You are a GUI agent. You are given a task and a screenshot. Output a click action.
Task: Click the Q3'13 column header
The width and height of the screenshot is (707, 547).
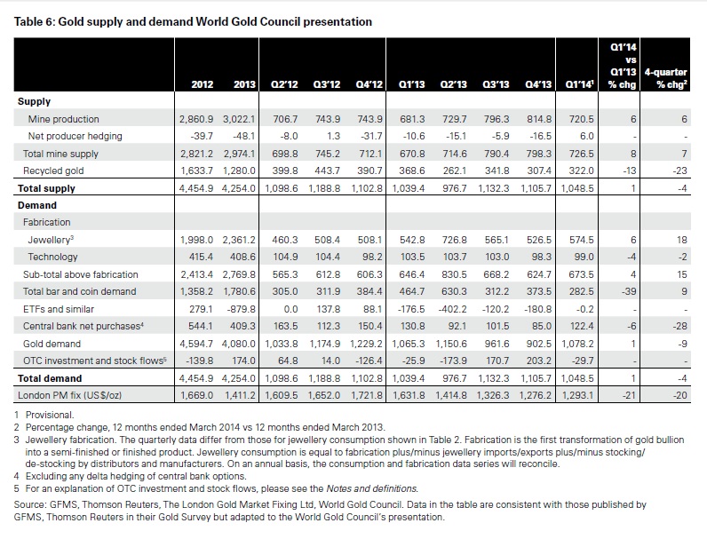point(496,84)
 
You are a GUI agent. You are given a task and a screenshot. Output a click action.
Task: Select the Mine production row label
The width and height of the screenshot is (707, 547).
point(64,119)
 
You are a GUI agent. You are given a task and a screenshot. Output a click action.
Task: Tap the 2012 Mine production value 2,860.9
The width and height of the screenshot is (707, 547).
point(196,119)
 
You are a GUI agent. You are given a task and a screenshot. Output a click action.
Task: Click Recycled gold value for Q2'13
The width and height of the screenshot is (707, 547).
point(455,170)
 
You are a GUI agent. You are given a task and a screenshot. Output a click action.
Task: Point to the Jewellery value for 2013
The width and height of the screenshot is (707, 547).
point(239,240)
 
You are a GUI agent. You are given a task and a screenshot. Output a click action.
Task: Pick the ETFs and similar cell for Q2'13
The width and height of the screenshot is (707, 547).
point(452,309)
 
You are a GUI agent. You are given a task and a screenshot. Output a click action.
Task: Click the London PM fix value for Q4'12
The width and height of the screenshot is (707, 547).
point(367,395)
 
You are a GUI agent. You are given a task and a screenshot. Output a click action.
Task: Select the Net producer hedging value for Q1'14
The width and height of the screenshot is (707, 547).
point(587,136)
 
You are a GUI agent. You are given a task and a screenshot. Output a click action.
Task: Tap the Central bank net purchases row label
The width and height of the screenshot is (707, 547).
point(83,326)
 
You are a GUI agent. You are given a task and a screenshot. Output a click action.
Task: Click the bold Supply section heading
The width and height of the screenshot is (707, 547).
point(34,101)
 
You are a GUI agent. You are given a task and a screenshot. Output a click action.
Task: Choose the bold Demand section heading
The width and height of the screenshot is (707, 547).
point(37,205)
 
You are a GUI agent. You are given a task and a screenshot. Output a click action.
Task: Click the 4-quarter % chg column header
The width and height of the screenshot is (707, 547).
point(665,78)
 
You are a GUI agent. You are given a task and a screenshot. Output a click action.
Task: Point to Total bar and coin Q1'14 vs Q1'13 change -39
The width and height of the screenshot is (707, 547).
point(629,292)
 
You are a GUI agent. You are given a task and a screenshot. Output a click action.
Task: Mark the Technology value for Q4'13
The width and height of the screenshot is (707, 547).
point(539,257)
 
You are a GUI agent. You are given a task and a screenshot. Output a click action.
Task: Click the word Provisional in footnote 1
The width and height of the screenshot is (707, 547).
point(50,415)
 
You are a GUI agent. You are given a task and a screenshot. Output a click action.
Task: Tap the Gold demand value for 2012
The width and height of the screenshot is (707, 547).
point(196,344)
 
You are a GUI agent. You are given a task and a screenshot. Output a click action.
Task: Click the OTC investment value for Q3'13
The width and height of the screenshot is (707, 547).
point(496,361)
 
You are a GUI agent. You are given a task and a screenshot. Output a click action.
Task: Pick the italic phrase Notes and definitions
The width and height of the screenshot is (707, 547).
point(372,488)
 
